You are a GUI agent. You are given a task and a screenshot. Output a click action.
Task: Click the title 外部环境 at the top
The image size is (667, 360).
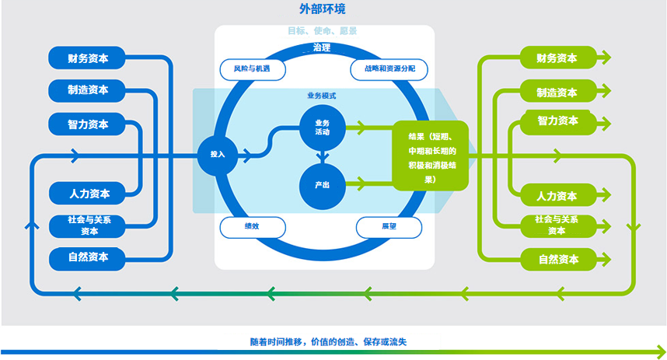tap(322, 9)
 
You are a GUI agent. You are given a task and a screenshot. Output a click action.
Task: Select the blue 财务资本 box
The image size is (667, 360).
tap(87, 58)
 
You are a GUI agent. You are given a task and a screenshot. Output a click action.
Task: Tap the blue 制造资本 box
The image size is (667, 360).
tap(87, 90)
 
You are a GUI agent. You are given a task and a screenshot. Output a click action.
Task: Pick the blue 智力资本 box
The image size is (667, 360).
tap(87, 124)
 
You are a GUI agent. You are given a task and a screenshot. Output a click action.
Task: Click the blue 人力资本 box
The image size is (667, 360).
tap(87, 194)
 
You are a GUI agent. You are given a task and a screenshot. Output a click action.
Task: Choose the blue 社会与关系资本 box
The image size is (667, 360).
tap(87, 226)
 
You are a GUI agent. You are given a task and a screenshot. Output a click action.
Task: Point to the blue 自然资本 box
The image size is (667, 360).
tap(87, 258)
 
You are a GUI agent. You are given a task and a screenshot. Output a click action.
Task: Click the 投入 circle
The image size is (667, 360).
tap(218, 155)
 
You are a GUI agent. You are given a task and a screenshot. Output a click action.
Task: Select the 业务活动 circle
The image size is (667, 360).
tap(323, 128)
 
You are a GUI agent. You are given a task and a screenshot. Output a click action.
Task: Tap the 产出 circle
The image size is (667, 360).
tap(323, 186)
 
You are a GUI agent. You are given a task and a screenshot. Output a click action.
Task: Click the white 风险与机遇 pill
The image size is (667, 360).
tap(252, 69)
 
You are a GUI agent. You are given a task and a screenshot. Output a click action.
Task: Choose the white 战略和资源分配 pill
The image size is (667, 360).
tap(389, 69)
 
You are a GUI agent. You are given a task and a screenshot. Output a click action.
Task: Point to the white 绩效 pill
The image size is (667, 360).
tap(252, 227)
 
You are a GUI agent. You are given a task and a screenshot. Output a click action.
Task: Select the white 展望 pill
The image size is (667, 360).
tap(389, 227)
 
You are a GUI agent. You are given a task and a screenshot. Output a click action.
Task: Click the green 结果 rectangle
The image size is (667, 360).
tap(430, 156)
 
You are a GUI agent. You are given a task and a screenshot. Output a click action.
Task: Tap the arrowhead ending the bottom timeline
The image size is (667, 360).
tap(660, 352)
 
